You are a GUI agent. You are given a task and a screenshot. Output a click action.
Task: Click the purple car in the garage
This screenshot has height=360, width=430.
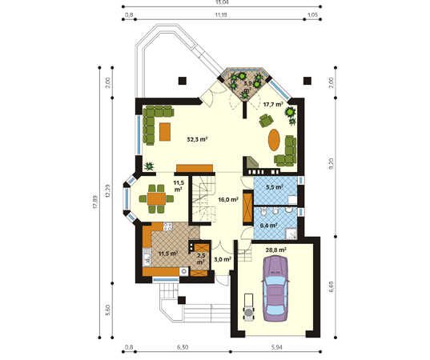pyautogui.click(x=275, y=288)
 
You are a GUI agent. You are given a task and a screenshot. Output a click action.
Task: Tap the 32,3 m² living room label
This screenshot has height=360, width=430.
pyautogui.click(x=197, y=139)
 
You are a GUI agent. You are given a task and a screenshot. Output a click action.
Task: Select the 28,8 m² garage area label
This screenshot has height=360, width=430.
pyautogui.click(x=276, y=250)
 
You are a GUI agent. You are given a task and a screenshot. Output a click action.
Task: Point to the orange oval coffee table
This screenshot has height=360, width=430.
pyautogui.click(x=274, y=140)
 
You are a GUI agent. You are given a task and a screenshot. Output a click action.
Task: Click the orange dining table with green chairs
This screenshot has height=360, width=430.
pyautogui.click(x=156, y=198)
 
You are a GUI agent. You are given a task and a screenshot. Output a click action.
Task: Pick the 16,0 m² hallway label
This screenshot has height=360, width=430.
pyautogui.click(x=228, y=199)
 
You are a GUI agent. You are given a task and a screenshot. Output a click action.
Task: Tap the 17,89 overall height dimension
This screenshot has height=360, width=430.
pyautogui.click(x=95, y=202)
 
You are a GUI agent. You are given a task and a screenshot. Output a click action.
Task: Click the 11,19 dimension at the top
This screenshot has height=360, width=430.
pyautogui.click(x=220, y=15)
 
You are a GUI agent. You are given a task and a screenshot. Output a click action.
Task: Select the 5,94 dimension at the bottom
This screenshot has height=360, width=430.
pyautogui.click(x=277, y=347)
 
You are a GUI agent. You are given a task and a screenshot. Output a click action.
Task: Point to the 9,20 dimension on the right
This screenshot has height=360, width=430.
pyautogui.click(x=332, y=163)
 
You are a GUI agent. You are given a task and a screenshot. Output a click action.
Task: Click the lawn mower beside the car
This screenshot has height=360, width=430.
pyautogui.click(x=249, y=306)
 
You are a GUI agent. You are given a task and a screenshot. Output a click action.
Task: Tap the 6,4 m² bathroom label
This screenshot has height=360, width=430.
pyautogui.click(x=268, y=226)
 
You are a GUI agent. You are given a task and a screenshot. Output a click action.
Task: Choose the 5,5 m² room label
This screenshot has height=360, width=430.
pyautogui.click(x=275, y=187)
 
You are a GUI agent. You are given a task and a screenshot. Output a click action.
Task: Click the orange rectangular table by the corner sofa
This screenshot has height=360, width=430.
pyautogui.click(x=165, y=132)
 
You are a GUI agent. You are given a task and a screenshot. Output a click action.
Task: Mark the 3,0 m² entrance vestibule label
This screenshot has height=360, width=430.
pyautogui.click(x=222, y=259)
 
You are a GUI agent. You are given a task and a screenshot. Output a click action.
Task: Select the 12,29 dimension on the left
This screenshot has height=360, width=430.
pyautogui.click(x=108, y=190)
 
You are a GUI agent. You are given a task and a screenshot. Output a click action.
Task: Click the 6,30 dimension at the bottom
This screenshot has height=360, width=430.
pyautogui.click(x=183, y=347)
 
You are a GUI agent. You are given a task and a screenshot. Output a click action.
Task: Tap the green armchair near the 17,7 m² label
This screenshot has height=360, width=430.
pyautogui.click(x=266, y=121)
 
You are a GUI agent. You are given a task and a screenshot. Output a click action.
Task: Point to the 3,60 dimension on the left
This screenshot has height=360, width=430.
pyautogui.click(x=108, y=310)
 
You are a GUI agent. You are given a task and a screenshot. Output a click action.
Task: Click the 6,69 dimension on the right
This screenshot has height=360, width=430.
pyautogui.click(x=332, y=286)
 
